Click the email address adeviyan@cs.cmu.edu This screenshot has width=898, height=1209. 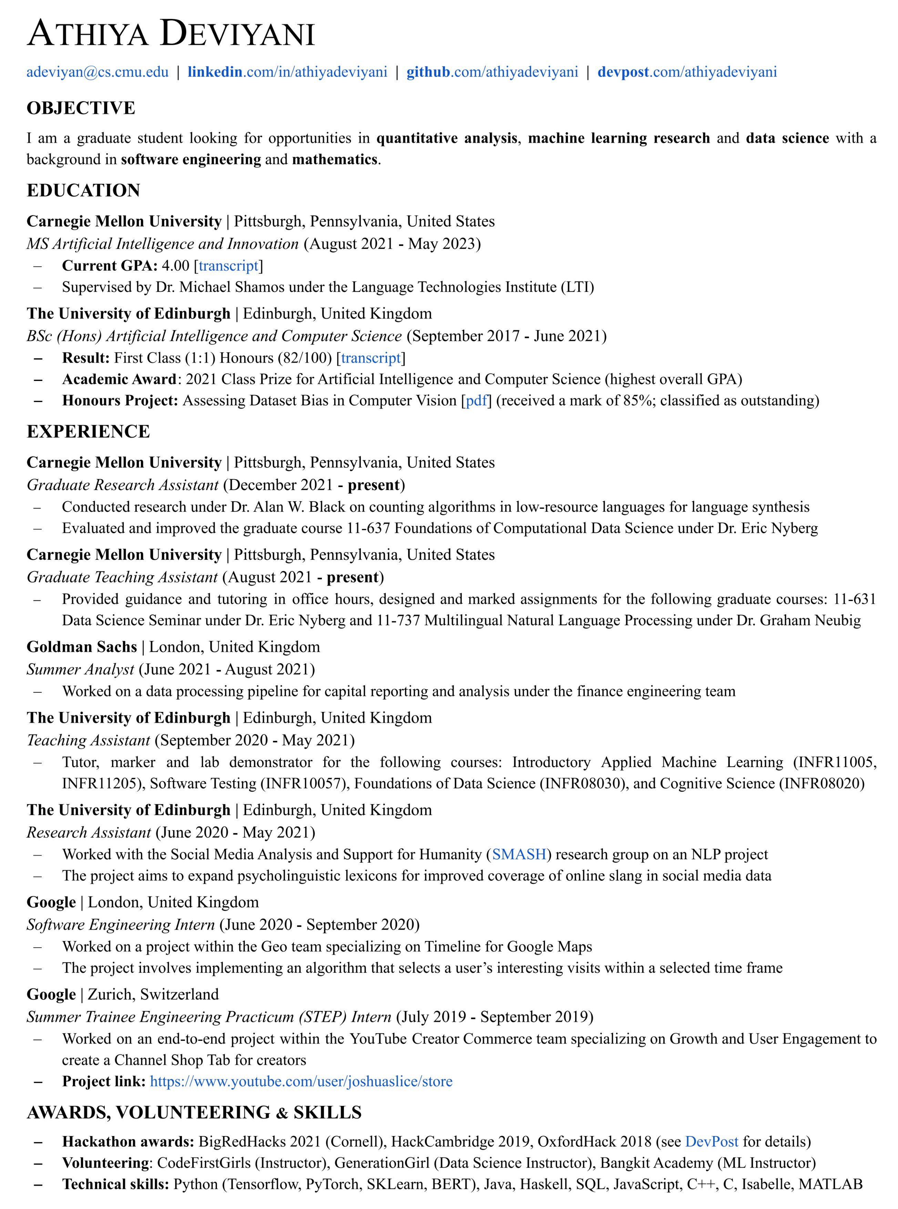pos(98,72)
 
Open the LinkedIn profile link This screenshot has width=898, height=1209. pos(287,72)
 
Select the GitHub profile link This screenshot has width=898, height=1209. pos(492,72)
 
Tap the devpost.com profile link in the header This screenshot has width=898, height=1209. pos(687,72)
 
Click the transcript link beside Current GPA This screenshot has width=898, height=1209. pos(228,266)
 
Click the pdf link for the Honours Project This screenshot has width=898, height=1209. pos(476,401)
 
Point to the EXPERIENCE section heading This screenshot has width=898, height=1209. pos(88,432)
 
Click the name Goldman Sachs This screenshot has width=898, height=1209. pos(82,647)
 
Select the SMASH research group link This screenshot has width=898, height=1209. pos(519,854)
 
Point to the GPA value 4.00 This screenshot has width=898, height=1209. pos(176,266)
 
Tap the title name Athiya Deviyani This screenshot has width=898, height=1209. pos(171,34)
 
